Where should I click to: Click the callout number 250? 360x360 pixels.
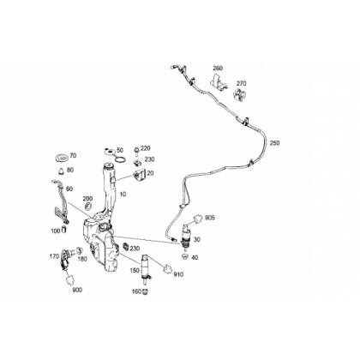(274, 143)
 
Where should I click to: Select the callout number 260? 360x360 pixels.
(218, 69)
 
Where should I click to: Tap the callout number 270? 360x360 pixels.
(241, 83)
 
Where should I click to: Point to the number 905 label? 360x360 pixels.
(210, 218)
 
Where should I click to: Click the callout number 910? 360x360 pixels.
(178, 274)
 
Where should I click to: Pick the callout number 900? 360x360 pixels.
(77, 290)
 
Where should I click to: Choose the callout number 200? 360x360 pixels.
(87, 199)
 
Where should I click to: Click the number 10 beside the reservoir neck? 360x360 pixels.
(123, 195)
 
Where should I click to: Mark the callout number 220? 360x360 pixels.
(146, 148)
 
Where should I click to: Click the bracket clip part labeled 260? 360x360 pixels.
(218, 82)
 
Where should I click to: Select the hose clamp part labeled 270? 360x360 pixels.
(239, 94)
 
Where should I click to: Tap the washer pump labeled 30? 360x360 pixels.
(187, 235)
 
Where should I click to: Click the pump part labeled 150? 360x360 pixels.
(146, 268)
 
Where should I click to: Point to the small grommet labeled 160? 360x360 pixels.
(146, 291)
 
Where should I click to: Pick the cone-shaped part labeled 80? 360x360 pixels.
(62, 171)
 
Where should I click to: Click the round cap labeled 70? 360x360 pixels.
(62, 157)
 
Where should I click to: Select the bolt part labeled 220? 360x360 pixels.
(136, 151)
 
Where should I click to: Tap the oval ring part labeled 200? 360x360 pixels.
(88, 206)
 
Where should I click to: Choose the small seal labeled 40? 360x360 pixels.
(185, 256)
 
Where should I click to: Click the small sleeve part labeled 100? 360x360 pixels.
(64, 230)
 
